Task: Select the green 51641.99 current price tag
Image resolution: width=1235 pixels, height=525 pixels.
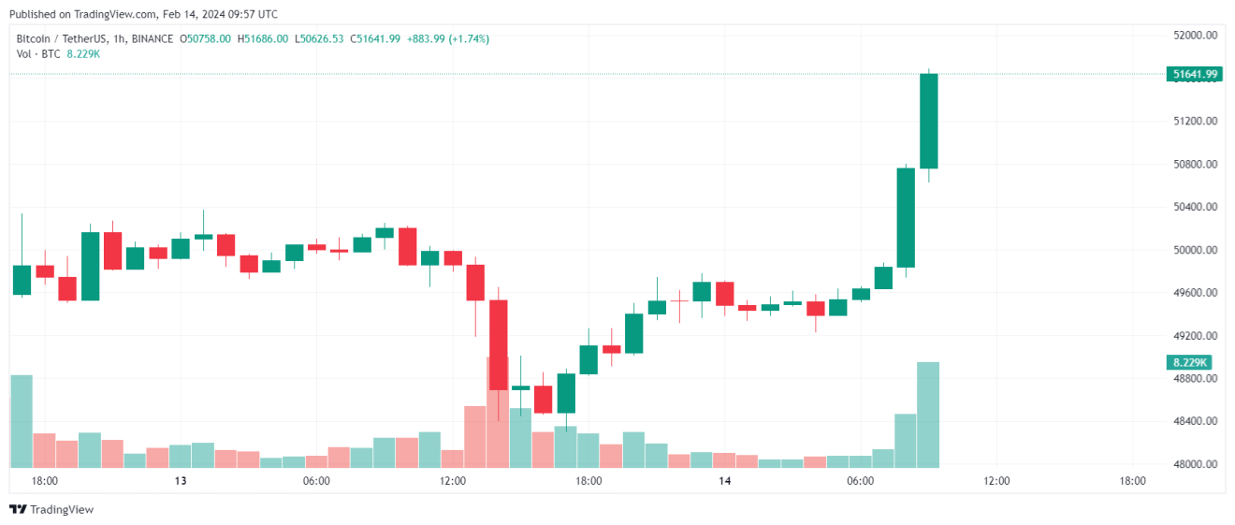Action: click(1194, 74)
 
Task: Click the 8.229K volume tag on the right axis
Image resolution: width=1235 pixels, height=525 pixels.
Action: click(1189, 362)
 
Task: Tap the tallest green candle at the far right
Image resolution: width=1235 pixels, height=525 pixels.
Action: click(928, 121)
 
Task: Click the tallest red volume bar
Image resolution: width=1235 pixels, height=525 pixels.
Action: click(497, 412)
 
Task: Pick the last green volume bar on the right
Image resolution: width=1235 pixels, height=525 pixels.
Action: click(928, 415)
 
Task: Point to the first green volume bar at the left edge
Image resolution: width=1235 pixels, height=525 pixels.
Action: click(21, 421)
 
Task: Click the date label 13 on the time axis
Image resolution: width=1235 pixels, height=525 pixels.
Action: click(181, 481)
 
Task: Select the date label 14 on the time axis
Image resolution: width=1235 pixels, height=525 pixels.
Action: click(724, 481)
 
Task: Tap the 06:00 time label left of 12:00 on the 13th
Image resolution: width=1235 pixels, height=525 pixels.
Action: click(316, 481)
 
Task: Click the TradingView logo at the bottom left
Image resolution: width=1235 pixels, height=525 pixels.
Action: click(51, 509)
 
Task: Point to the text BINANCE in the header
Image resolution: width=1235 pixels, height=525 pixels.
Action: click(152, 38)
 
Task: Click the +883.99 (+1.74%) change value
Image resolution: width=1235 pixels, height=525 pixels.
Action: click(448, 38)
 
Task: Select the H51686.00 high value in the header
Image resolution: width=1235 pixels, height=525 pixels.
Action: click(263, 38)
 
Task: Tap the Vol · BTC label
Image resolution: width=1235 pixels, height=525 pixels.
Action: click(38, 53)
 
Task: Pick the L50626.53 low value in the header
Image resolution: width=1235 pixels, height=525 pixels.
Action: click(319, 38)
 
